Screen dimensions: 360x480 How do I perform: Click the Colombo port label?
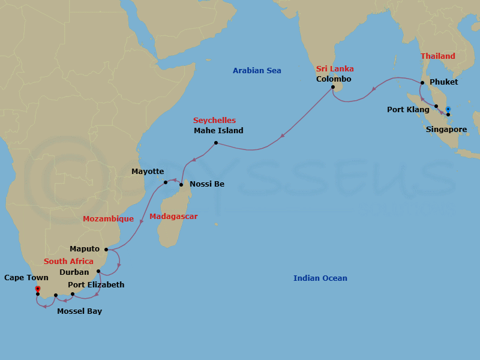(334, 79)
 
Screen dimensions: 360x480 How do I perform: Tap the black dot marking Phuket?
(422, 82)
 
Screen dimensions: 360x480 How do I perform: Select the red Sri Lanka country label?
(335, 69)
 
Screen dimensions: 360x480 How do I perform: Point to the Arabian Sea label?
(257, 71)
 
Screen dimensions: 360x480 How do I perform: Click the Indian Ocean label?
(320, 278)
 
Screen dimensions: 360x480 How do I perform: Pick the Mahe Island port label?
(218, 131)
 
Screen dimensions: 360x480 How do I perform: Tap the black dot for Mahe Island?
(215, 143)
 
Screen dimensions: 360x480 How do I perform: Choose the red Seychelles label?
(214, 121)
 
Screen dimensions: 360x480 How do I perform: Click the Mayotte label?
(148, 172)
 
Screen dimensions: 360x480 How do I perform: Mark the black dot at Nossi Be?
(181, 184)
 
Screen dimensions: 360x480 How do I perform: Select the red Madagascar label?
(173, 217)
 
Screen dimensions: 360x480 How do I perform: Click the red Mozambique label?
(108, 219)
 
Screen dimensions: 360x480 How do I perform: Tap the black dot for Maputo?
(106, 250)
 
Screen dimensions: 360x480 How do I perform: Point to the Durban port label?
(74, 272)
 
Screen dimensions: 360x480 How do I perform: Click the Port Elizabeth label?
(96, 285)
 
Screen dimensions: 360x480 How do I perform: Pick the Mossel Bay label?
(79, 311)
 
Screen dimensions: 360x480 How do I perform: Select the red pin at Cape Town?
(37, 289)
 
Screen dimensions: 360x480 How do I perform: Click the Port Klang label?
(408, 110)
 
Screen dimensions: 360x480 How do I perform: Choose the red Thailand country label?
(437, 56)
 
